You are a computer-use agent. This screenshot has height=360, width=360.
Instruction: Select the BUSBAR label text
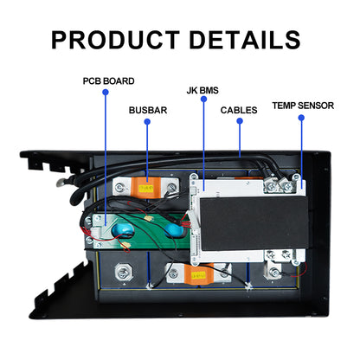click(148, 110)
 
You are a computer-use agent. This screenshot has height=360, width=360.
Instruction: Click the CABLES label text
click(238, 110)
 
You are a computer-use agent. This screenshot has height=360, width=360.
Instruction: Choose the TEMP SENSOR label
click(301, 105)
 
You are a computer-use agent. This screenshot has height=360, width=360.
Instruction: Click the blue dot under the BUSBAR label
click(148, 122)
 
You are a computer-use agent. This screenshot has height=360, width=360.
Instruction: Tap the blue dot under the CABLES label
click(238, 122)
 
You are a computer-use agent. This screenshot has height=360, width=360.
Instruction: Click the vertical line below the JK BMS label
click(204, 138)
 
